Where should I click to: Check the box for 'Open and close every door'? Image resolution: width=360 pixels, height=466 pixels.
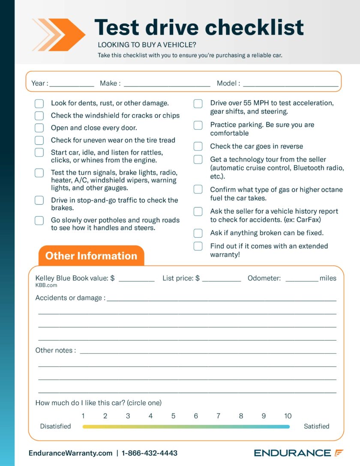click(x=39, y=128)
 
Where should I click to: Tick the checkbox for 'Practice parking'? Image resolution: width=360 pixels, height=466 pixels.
click(x=198, y=125)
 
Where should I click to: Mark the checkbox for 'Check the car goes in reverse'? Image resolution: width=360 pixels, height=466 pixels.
click(x=198, y=146)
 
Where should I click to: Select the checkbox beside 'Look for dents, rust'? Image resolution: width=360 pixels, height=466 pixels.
click(x=39, y=103)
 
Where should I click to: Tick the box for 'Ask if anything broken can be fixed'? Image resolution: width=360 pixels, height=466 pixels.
click(x=198, y=233)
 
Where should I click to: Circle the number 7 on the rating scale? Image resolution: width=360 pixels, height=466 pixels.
click(x=219, y=416)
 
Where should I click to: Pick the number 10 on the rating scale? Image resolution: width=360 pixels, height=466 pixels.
click(x=288, y=416)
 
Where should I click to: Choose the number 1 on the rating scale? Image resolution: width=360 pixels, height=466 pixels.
click(x=83, y=416)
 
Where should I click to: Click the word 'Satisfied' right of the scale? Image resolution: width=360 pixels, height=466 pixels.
click(x=316, y=427)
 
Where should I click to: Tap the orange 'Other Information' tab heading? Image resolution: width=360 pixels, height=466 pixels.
click(x=91, y=256)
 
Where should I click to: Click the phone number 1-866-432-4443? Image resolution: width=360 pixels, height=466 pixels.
click(x=150, y=453)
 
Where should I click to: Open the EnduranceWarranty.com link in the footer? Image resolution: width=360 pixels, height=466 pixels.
click(x=70, y=453)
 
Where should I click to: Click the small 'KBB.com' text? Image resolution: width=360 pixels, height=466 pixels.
click(x=46, y=285)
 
